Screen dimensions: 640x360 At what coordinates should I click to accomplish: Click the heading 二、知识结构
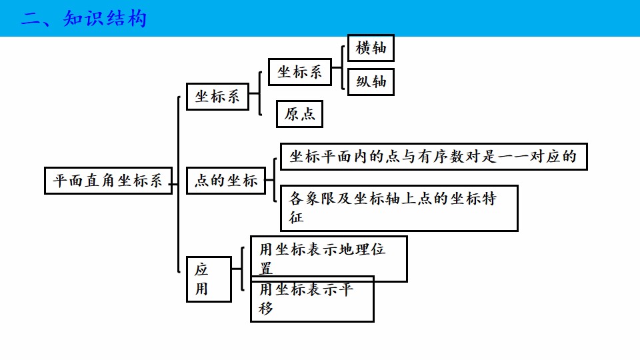pyautogui.click(x=83, y=19)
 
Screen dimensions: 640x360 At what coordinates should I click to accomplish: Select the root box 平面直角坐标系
pyautogui.click(x=108, y=181)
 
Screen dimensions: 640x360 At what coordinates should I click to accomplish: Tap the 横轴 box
pyautogui.click(x=371, y=48)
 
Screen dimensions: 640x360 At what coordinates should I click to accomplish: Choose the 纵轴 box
pyautogui.click(x=371, y=81)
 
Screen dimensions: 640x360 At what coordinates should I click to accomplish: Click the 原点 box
pyautogui.click(x=299, y=114)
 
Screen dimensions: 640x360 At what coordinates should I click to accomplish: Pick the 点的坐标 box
pyautogui.click(x=226, y=181)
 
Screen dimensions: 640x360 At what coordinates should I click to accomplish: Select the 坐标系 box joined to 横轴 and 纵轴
pyautogui.click(x=299, y=72)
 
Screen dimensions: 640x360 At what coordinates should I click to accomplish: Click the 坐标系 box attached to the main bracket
pyautogui.click(x=217, y=97)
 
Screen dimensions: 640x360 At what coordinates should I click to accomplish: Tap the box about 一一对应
pyautogui.click(x=433, y=157)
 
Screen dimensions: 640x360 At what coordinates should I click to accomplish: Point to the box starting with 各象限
pyautogui.click(x=399, y=208)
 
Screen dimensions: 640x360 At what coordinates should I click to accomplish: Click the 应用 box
pyautogui.click(x=209, y=279)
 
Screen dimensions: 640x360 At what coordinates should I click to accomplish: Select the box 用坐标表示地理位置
pyautogui.click(x=329, y=259)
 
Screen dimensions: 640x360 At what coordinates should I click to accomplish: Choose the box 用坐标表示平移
pyautogui.click(x=312, y=299)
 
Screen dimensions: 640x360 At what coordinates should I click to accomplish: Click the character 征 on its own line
pyautogui.click(x=296, y=217)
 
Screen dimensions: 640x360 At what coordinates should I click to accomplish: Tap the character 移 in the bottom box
pyautogui.click(x=266, y=308)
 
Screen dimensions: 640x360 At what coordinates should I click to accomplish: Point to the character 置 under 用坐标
pyautogui.click(x=266, y=269)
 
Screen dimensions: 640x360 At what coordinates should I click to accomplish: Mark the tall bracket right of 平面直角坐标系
pyautogui.click(x=179, y=184)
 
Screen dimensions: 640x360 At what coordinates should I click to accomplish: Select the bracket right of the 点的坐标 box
pyautogui.click(x=275, y=180)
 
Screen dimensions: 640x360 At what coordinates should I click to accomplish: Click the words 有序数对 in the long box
pyautogui.click(x=449, y=157)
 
